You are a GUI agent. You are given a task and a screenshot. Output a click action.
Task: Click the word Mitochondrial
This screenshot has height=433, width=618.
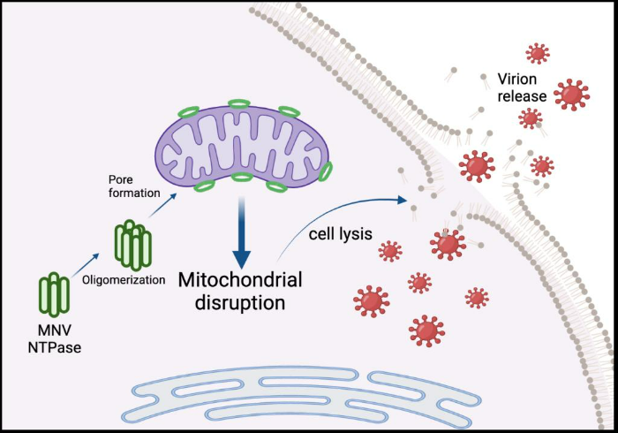click(240, 281)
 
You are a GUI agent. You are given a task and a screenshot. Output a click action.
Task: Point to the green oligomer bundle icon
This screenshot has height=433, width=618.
click(133, 241)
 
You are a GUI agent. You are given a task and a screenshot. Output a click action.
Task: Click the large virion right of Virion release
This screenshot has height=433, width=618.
click(572, 93)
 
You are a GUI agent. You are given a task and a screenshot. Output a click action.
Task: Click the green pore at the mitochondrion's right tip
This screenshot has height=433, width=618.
click(326, 171)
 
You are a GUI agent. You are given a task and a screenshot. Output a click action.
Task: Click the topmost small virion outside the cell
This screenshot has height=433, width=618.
click(537, 53)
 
